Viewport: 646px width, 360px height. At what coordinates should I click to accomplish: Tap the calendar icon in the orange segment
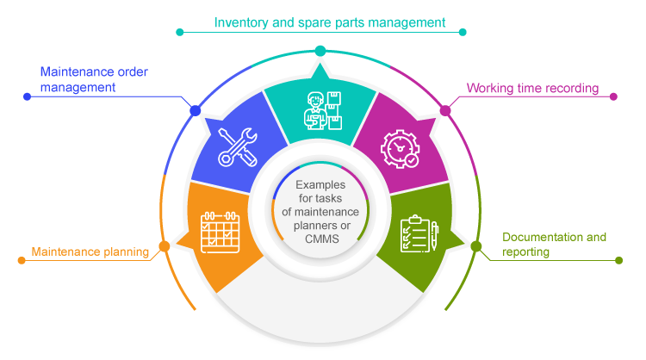pos(220,231)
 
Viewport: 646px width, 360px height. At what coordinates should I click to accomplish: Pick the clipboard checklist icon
pos(419,234)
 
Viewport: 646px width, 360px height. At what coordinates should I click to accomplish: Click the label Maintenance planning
pos(90,252)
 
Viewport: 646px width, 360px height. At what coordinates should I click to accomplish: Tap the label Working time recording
pos(532,88)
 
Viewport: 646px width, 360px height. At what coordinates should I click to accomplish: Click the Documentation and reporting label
pos(554,244)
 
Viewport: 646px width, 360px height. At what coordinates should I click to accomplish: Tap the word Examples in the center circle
pos(321,185)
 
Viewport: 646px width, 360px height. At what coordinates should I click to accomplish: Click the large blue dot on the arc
pos(196,110)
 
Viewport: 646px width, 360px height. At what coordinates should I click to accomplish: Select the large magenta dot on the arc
pos(445,110)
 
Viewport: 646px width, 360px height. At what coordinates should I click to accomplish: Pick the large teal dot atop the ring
pos(320,51)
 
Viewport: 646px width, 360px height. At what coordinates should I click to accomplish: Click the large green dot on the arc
pos(476,246)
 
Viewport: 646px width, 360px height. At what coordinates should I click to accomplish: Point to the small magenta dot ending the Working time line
pos(614,96)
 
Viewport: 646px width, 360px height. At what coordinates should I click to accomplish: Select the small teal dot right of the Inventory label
pos(463,32)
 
